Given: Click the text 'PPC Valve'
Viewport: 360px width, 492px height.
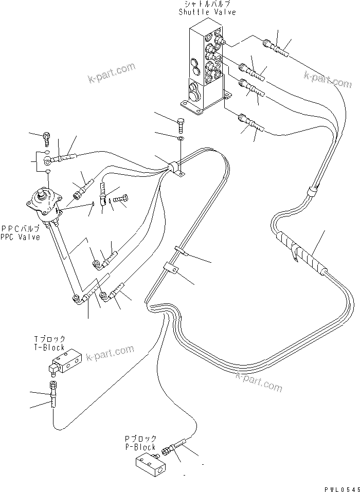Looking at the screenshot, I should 21,238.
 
